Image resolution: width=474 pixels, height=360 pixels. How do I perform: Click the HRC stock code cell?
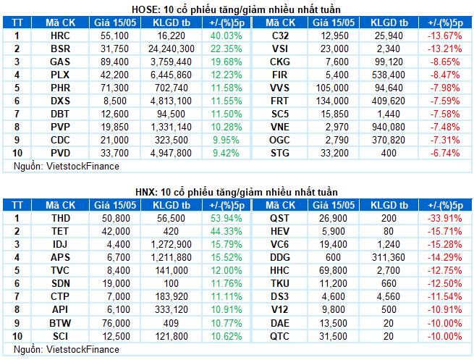(60, 35)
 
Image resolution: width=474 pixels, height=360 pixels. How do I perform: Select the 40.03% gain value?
(227, 35)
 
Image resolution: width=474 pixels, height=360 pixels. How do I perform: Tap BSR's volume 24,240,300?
(171, 49)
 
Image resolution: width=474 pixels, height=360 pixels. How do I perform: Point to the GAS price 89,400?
(114, 62)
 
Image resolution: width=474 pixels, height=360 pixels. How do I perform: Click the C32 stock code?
(280, 35)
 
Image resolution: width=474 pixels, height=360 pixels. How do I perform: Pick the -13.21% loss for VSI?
(444, 49)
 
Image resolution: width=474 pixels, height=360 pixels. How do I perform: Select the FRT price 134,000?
(332, 101)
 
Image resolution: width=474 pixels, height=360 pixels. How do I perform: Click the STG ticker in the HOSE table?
(280, 153)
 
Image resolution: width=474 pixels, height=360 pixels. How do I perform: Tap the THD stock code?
(61, 218)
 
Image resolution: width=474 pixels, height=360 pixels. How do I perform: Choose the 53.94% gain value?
(227, 218)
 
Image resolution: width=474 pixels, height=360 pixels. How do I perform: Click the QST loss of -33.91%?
(444, 218)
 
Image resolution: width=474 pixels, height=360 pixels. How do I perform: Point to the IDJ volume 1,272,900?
(171, 244)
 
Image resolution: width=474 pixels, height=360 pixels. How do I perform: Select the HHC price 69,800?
(333, 270)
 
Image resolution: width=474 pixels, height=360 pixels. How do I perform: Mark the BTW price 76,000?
(116, 323)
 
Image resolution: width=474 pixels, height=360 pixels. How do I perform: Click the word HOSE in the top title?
(145, 9)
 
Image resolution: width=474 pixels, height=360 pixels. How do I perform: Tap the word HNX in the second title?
(145, 192)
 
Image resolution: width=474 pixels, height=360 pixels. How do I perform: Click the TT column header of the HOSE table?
(17, 22)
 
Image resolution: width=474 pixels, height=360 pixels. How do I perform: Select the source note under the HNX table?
(67, 349)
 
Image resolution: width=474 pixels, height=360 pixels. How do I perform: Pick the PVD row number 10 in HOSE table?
(17, 153)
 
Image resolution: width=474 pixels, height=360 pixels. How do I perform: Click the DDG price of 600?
(333, 257)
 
